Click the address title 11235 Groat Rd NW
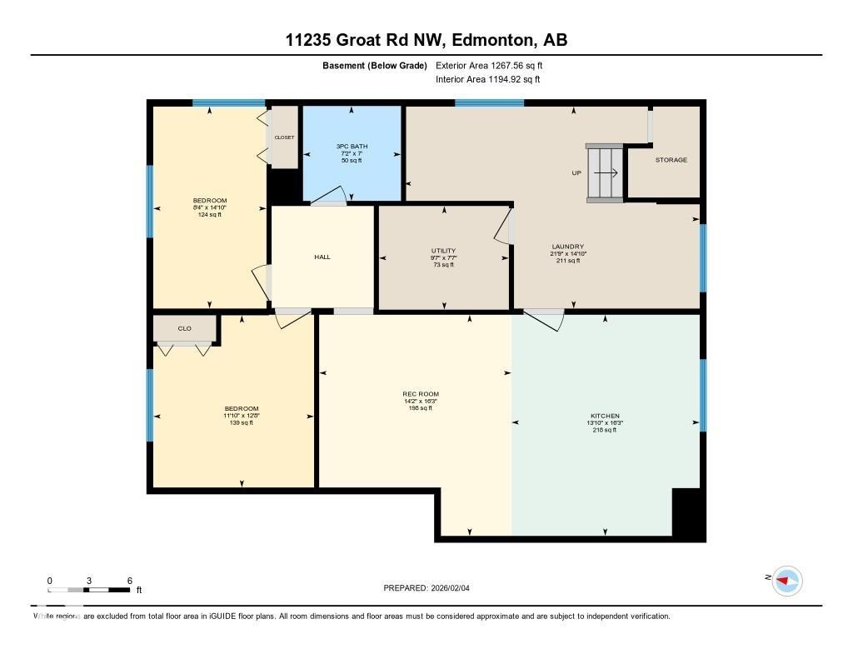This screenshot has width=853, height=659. click(426, 40)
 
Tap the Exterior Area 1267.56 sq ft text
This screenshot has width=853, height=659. click(489, 65)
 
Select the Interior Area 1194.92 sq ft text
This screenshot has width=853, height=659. click(487, 80)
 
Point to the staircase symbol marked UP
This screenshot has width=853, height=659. click(605, 173)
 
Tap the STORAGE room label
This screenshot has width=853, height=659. click(671, 160)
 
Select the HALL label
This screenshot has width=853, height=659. click(322, 257)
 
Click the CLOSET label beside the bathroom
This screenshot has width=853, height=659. click(284, 137)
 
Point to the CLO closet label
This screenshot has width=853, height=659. click(185, 328)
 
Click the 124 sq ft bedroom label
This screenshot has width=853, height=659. click(210, 207)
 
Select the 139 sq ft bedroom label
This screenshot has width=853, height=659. click(241, 415)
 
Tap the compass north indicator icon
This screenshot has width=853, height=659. click(786, 580)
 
